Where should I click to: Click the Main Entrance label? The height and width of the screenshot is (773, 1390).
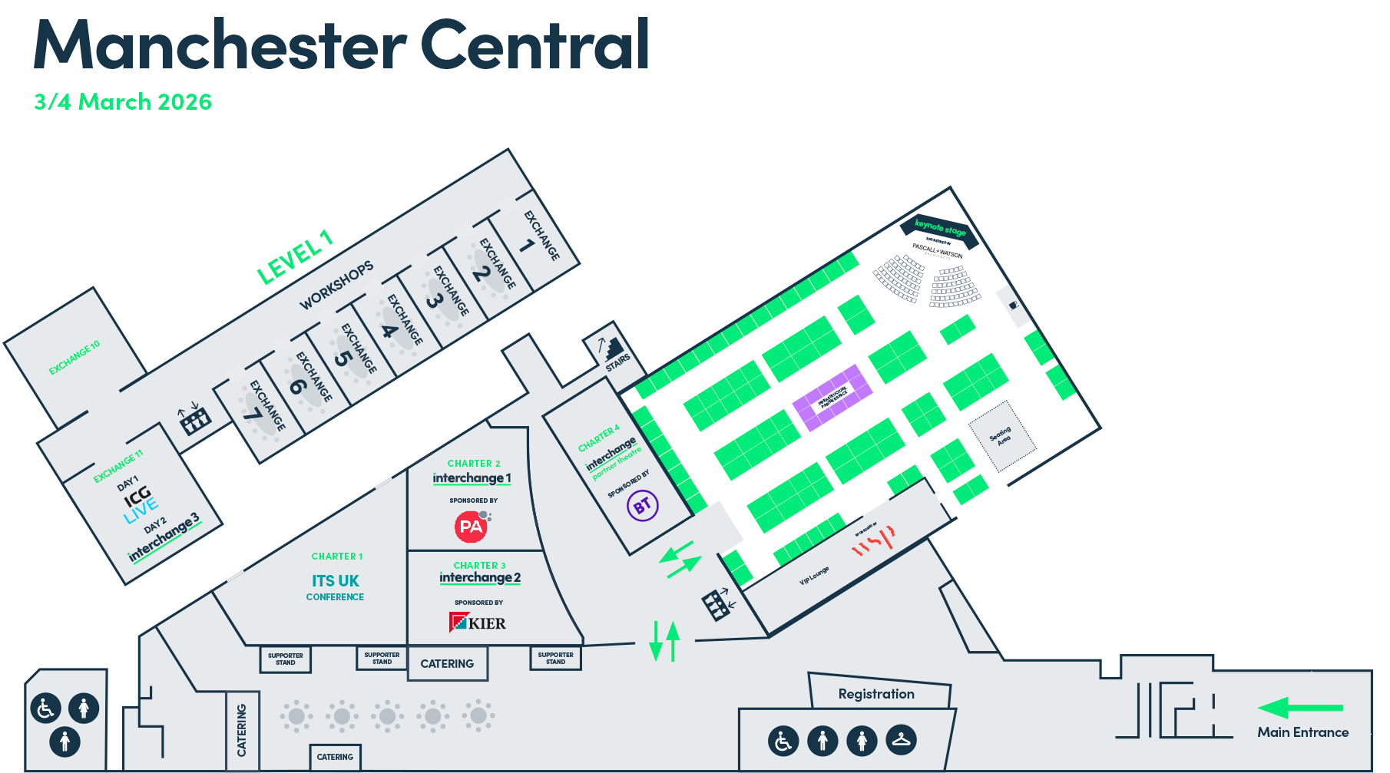(1302, 732)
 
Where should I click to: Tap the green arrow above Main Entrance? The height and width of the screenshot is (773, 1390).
(1300, 708)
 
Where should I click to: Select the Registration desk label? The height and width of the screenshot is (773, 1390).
(876, 694)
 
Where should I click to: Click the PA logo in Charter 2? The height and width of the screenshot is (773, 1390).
(471, 527)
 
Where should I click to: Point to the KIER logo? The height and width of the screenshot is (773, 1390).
(478, 623)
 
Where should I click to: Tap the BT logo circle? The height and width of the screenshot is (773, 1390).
(643, 506)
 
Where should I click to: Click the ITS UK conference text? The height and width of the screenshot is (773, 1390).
(336, 581)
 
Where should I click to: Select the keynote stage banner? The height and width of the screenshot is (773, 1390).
(940, 228)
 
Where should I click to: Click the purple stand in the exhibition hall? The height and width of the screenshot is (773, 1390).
(832, 397)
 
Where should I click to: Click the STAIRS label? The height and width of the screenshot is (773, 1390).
(617, 362)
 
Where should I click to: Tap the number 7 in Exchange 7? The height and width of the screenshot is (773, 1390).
(253, 414)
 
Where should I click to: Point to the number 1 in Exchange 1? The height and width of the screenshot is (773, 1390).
(526, 246)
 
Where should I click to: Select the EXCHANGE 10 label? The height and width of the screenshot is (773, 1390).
(74, 358)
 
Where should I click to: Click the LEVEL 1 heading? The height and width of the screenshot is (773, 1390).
(294, 258)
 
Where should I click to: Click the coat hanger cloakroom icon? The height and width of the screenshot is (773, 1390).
(901, 740)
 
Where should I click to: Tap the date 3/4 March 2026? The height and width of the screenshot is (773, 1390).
(123, 102)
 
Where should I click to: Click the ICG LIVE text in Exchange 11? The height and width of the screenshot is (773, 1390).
(140, 502)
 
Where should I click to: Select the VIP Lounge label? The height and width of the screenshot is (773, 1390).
(814, 576)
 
